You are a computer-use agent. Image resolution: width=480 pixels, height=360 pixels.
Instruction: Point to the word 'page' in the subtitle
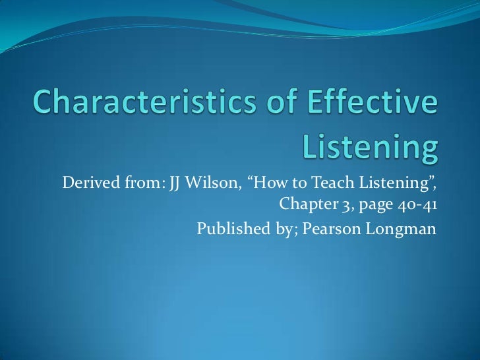(x=374, y=204)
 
